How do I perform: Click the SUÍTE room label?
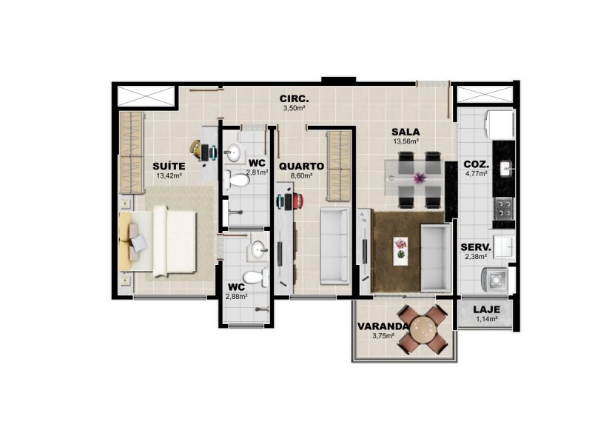(169, 166)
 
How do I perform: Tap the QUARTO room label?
(301, 166)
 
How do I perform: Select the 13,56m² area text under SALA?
(406, 141)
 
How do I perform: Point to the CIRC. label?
(294, 99)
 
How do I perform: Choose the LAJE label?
(487, 309)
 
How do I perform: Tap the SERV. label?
(476, 248)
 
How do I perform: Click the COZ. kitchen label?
(476, 164)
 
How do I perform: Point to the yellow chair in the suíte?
(195, 150)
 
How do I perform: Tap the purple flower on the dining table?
(419, 177)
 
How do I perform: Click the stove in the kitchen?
(504, 209)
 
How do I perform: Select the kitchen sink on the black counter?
(505, 169)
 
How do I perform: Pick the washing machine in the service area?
(494, 280)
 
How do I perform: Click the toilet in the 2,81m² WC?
(237, 181)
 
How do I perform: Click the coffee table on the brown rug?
(400, 251)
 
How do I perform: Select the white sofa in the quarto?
(334, 246)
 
